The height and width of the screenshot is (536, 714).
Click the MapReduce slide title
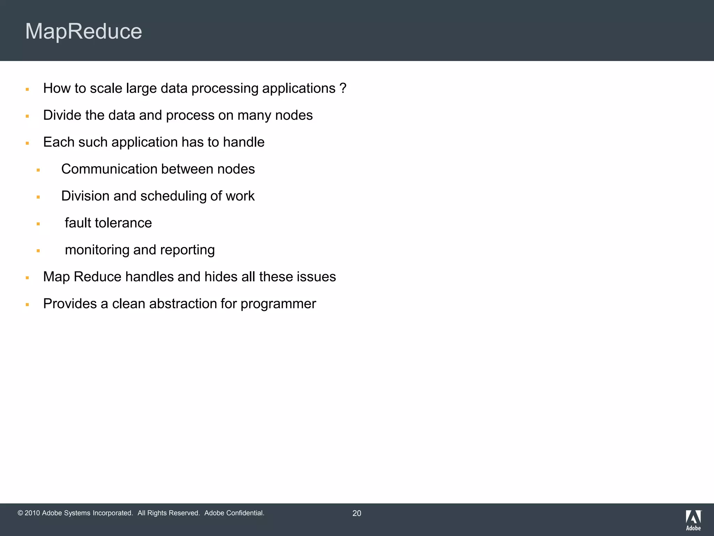[84, 31]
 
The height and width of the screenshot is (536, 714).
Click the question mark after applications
[343, 88]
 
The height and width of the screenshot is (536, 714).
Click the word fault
[78, 223]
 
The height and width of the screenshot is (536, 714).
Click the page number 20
[357, 513]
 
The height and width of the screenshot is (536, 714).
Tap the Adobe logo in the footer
[693, 520]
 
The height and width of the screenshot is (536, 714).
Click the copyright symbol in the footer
[20, 513]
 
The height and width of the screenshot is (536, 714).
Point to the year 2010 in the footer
[32, 513]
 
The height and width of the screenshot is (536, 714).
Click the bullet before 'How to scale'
[27, 90]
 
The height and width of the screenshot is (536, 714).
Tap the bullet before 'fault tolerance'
[38, 224]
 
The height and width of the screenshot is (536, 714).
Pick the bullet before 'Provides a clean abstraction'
[27, 305]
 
